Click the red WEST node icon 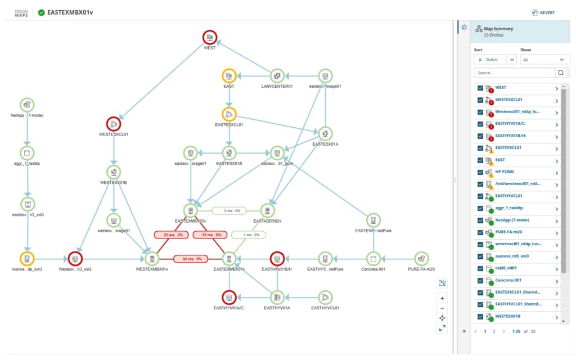(x=210, y=38)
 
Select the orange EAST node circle (x=229, y=76)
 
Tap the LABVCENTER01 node (x=277, y=76)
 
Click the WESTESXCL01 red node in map (x=114, y=124)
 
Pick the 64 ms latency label (x=190, y=259)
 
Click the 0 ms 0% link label (x=229, y=211)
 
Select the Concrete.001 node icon (x=371, y=259)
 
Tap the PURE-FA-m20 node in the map (x=421, y=259)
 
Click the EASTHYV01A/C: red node (x=228, y=297)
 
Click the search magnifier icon (x=561, y=73)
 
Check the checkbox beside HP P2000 (x=480, y=172)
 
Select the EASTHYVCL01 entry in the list (x=509, y=196)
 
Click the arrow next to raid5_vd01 (x=556, y=268)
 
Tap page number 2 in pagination (x=494, y=331)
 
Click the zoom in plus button (x=442, y=298)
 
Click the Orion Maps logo (x=21, y=12)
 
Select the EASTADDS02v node (x=268, y=210)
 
